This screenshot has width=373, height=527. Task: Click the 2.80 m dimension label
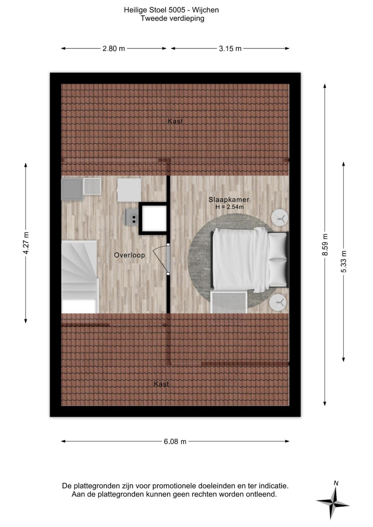point(114,49)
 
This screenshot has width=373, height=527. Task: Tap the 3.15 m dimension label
point(230,49)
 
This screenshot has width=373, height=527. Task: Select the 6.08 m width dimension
point(175,441)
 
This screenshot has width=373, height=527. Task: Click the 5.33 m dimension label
point(344,261)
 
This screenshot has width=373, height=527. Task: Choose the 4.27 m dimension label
point(26,243)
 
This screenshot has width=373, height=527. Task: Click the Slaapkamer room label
point(229,200)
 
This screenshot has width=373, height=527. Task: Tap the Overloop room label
point(129,255)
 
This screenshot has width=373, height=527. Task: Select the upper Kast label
point(175,121)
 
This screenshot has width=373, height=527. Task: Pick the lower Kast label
point(161,384)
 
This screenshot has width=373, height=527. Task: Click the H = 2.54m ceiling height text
point(229,207)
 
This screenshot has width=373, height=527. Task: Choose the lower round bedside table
point(278,303)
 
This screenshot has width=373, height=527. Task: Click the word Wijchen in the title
point(205,10)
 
